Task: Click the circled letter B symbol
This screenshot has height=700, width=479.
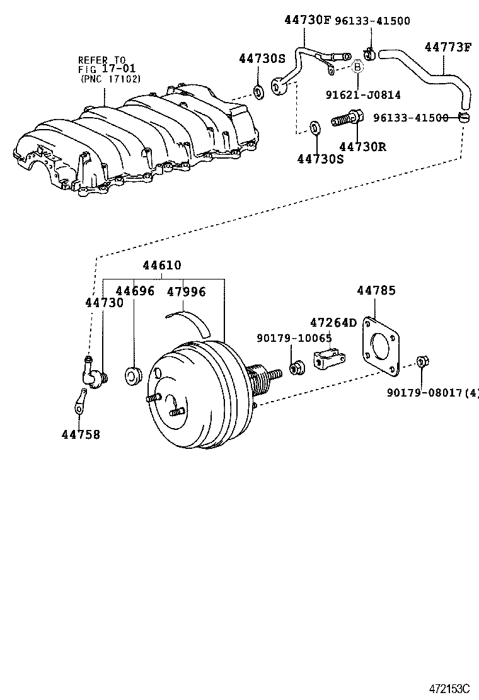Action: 357,67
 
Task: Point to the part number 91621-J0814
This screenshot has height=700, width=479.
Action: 363,95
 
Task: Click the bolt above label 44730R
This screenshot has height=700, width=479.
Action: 346,118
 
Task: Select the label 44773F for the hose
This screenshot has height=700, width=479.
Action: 447,47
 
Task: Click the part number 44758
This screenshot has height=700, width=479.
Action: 81,434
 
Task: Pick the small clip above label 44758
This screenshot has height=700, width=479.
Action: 79,400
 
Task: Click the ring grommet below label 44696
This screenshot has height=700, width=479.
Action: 134,376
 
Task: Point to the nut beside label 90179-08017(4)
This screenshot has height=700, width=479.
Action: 422,362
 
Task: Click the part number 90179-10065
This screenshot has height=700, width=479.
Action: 294,338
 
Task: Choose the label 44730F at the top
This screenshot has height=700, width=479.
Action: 308,20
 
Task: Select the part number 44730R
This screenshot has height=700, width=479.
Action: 362,147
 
